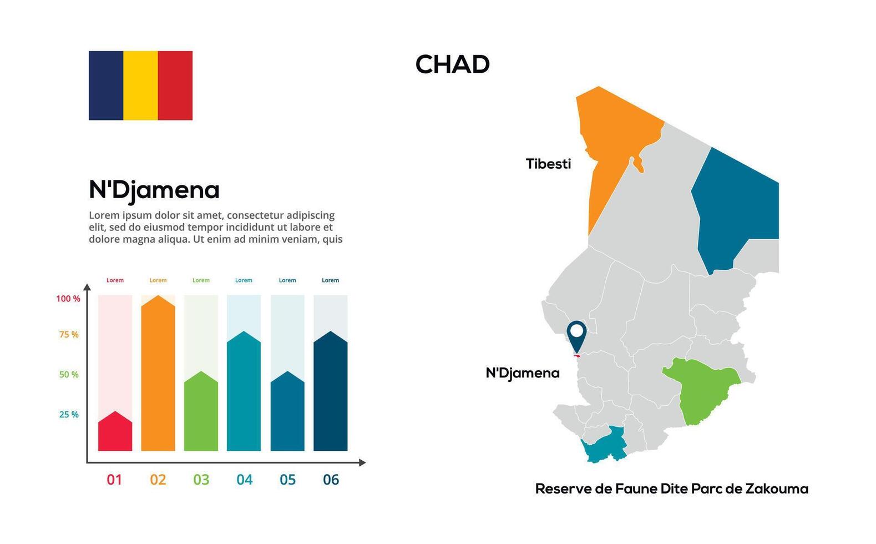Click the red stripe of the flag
click(175, 85)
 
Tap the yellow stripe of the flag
click(140, 85)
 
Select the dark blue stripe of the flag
click(106, 85)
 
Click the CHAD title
click(452, 64)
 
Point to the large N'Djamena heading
click(154, 190)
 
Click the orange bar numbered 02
click(158, 377)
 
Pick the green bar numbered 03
click(201, 414)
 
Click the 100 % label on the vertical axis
click(68, 299)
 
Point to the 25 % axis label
click(69, 415)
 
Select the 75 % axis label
click(69, 335)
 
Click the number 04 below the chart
click(244, 480)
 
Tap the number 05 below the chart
click(287, 480)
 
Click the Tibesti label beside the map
click(548, 164)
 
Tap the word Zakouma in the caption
click(777, 489)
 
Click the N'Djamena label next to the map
click(523, 373)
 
